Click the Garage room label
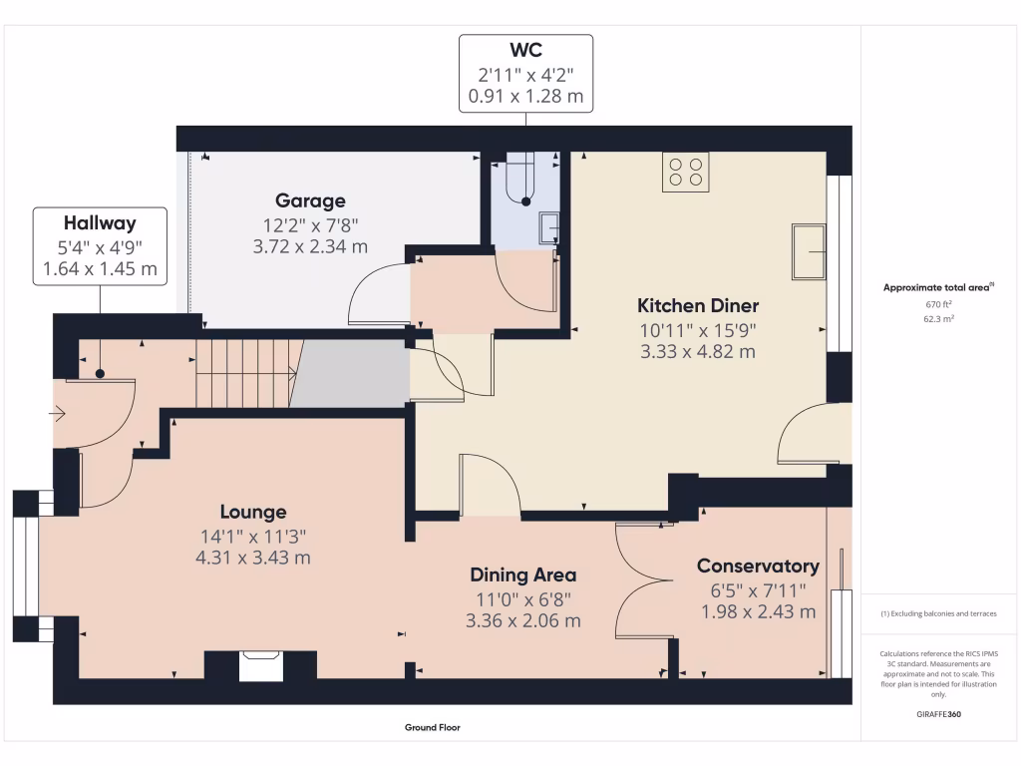coord(310,200)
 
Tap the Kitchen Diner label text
coord(698,305)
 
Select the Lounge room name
coord(252,512)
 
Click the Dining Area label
coord(522,574)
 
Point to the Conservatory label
coord(758,566)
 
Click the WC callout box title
coord(525,50)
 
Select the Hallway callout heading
coord(100,223)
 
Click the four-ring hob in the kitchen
coord(685,172)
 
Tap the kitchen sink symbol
coord(808,251)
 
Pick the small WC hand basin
coord(548,228)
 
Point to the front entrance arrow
coord(57,412)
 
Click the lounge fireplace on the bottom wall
coord(261,666)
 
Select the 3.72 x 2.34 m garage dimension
coord(310,246)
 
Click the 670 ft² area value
coord(939,304)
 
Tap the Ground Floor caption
coord(432,728)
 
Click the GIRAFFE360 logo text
coord(939,714)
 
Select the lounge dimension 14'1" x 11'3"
coord(252,536)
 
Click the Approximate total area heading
coord(937,287)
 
